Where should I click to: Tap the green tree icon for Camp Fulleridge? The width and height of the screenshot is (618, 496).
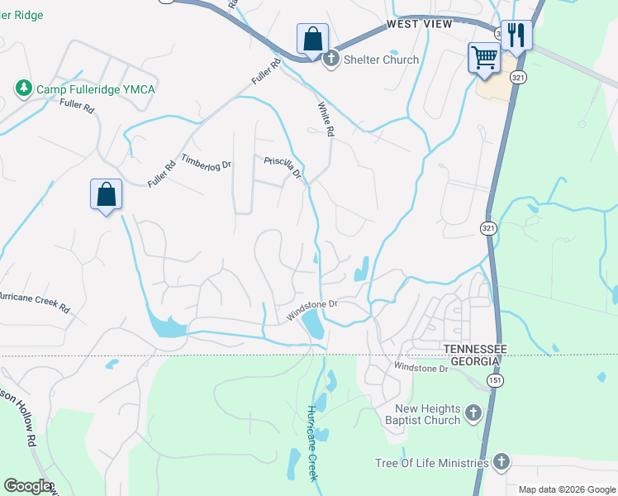[23, 88]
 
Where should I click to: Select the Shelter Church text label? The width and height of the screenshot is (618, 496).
[381, 60]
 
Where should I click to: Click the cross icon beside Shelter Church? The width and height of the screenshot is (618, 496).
[330, 59]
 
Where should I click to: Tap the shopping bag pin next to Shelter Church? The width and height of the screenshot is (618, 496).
[313, 39]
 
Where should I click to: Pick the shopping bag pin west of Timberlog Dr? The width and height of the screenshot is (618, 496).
[106, 194]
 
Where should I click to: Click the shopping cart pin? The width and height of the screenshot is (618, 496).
[484, 58]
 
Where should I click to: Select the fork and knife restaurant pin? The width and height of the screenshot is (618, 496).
[516, 35]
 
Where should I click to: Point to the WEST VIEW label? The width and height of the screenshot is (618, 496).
[420, 25]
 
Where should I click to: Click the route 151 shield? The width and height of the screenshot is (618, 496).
[494, 379]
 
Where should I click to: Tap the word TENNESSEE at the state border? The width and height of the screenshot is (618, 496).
[475, 349]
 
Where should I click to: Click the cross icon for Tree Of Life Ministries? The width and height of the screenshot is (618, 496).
[500, 461]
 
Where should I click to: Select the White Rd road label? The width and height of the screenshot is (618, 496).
[326, 119]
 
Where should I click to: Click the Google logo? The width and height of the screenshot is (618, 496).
[27, 485]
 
